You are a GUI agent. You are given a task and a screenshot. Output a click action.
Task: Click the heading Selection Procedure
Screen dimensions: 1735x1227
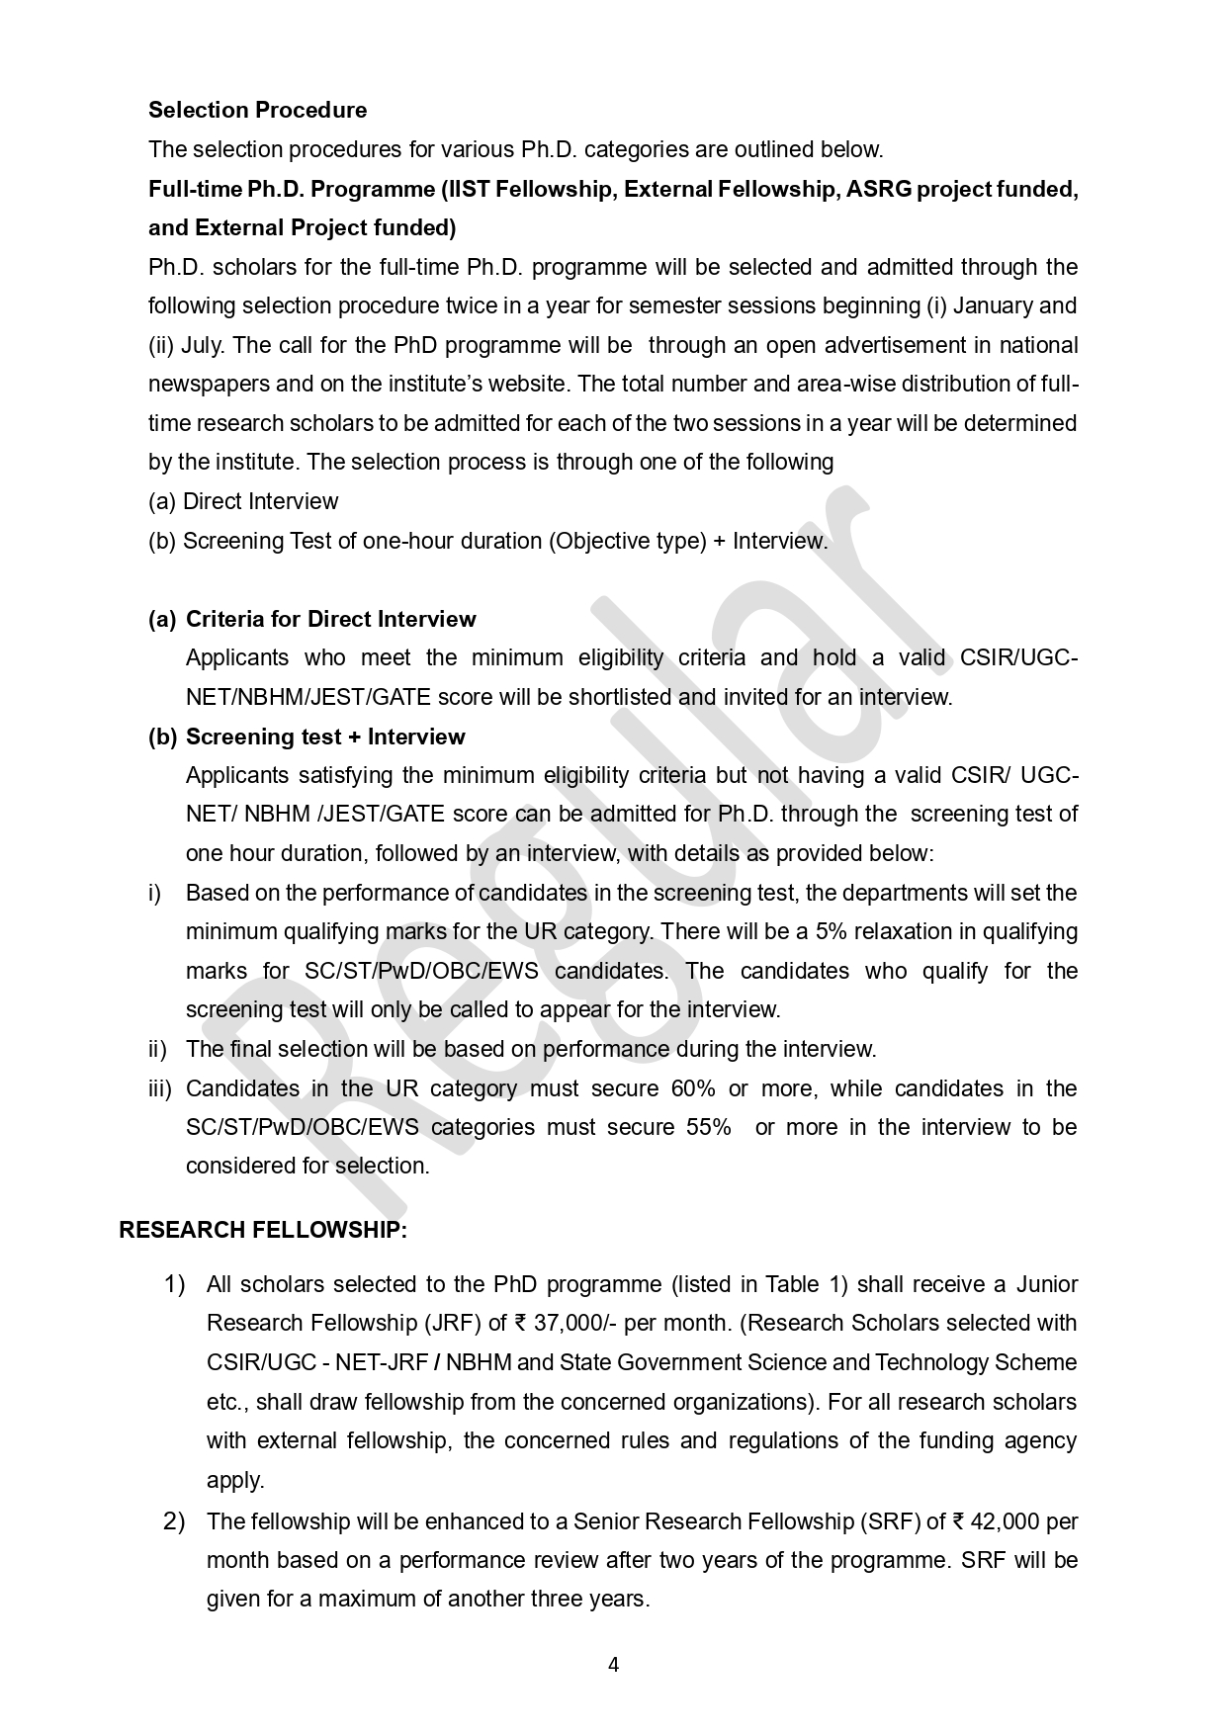pos(257,110)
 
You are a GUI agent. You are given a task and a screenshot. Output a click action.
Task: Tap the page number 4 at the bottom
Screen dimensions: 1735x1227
pos(613,1665)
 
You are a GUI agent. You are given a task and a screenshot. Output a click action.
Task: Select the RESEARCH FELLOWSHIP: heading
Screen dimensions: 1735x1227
pos(263,1230)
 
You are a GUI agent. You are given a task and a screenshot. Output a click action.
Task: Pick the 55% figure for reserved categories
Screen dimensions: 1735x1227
pos(709,1127)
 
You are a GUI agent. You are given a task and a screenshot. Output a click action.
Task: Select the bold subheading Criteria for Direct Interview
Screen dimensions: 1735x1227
pos(330,619)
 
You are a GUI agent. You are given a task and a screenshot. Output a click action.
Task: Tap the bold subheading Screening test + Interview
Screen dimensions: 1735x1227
pos(325,737)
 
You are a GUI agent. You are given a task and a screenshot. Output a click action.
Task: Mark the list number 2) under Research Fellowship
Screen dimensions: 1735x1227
pos(174,1520)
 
